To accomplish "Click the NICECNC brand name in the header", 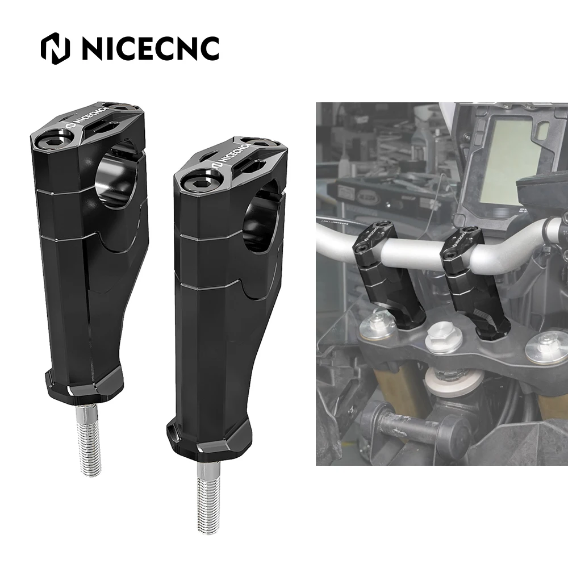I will [x=150, y=48].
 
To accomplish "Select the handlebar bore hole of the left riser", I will [x=119, y=171].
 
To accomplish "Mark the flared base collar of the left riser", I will [x=85, y=383].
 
